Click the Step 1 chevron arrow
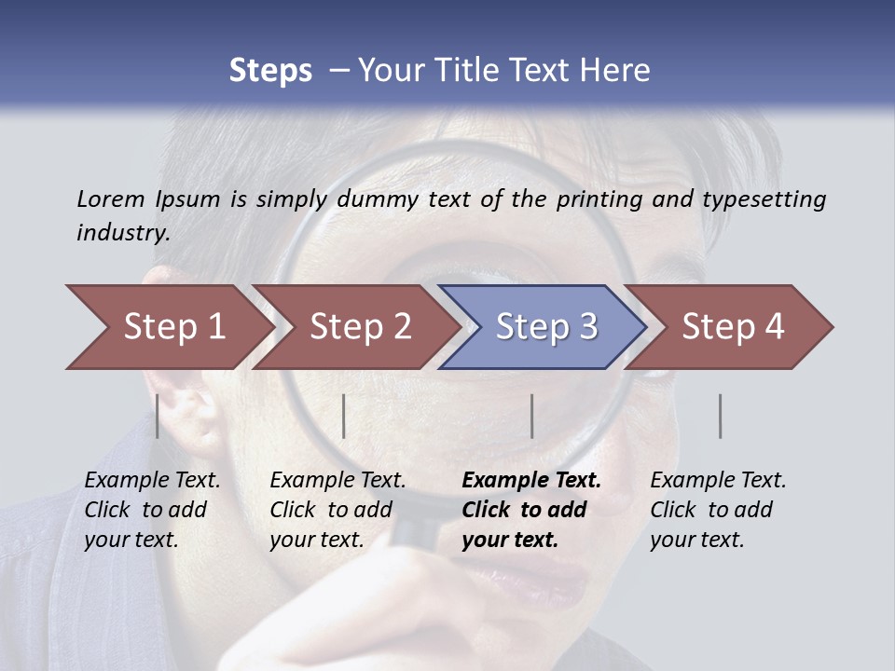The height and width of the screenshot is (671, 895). tap(168, 327)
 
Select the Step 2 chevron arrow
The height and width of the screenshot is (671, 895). tap(356, 327)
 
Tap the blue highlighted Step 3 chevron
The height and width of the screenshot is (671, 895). tap(544, 327)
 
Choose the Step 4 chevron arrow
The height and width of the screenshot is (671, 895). tap(731, 327)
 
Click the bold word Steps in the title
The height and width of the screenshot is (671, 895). tap(270, 71)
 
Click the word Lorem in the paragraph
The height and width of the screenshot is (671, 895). tap(110, 199)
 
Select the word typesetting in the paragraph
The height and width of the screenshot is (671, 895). tap(764, 199)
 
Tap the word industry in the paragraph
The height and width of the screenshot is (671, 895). tap(122, 232)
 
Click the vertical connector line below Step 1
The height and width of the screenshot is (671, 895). tap(158, 416)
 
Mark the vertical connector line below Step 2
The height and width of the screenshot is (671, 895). tap(344, 416)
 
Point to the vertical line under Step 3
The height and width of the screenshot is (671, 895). tap(532, 416)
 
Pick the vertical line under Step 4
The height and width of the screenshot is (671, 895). tap(721, 416)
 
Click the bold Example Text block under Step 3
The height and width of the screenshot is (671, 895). tap(531, 510)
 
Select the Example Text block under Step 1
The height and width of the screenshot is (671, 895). tap(152, 510)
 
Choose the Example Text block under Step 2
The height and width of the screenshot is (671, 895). tap(337, 510)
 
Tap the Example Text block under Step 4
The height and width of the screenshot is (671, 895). tap(718, 510)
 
